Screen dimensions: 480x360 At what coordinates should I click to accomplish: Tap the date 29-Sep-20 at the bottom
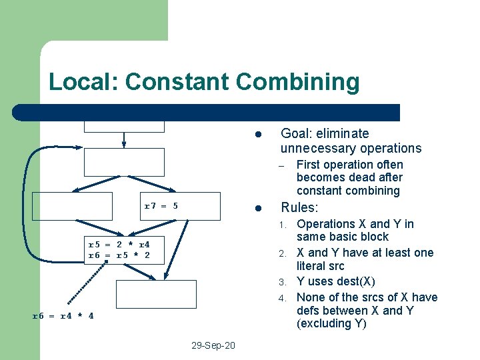[x=213, y=346]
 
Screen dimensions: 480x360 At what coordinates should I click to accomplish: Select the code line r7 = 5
[x=161, y=206]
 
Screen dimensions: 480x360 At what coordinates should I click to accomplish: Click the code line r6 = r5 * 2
[x=119, y=255]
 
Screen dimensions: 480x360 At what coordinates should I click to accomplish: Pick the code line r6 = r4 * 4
[x=63, y=315]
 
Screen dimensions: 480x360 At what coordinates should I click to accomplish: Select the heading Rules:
[x=299, y=207]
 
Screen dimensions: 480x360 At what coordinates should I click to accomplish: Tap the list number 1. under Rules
[x=283, y=224]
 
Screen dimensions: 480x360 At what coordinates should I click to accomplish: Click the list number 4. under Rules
[x=283, y=297]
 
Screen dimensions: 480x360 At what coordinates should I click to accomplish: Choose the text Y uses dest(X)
[x=335, y=281]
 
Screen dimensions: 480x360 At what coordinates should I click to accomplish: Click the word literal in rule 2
[x=313, y=266]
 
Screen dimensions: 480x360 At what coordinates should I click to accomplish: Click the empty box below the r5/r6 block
[x=157, y=294]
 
